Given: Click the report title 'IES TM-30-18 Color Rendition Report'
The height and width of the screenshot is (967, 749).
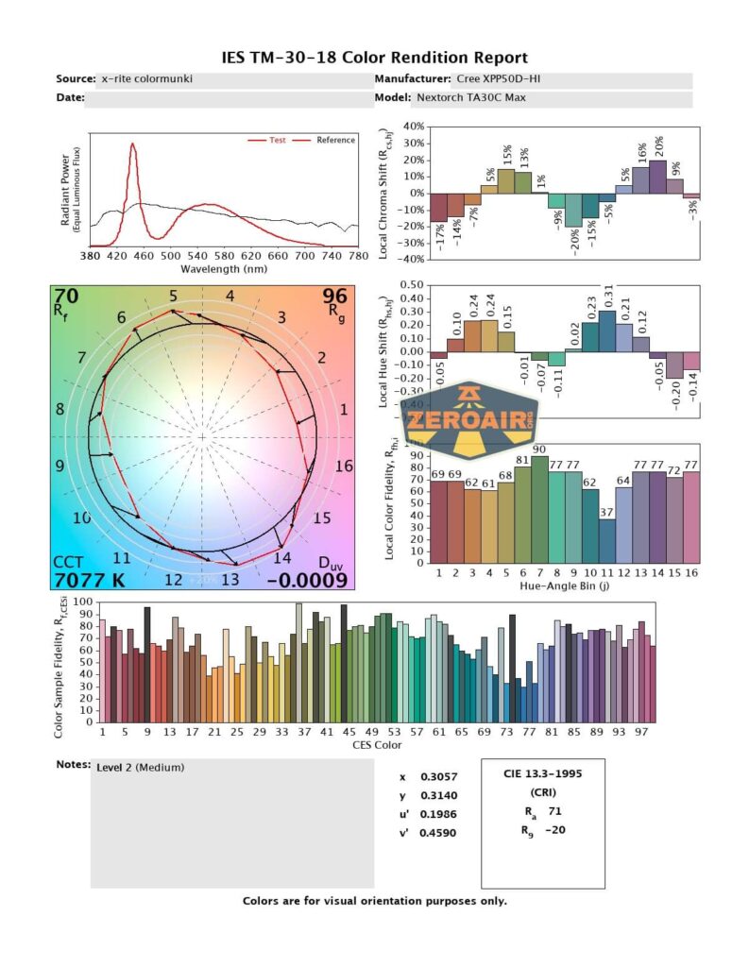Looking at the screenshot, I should (x=374, y=59).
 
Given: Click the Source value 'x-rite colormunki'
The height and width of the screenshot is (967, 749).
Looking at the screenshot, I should (x=146, y=79).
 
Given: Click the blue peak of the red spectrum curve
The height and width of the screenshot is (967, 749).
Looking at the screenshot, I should (x=132, y=145).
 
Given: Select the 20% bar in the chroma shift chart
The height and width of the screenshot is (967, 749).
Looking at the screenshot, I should (x=657, y=177).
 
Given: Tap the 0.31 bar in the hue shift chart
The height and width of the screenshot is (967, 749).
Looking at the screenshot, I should (x=606, y=331).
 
